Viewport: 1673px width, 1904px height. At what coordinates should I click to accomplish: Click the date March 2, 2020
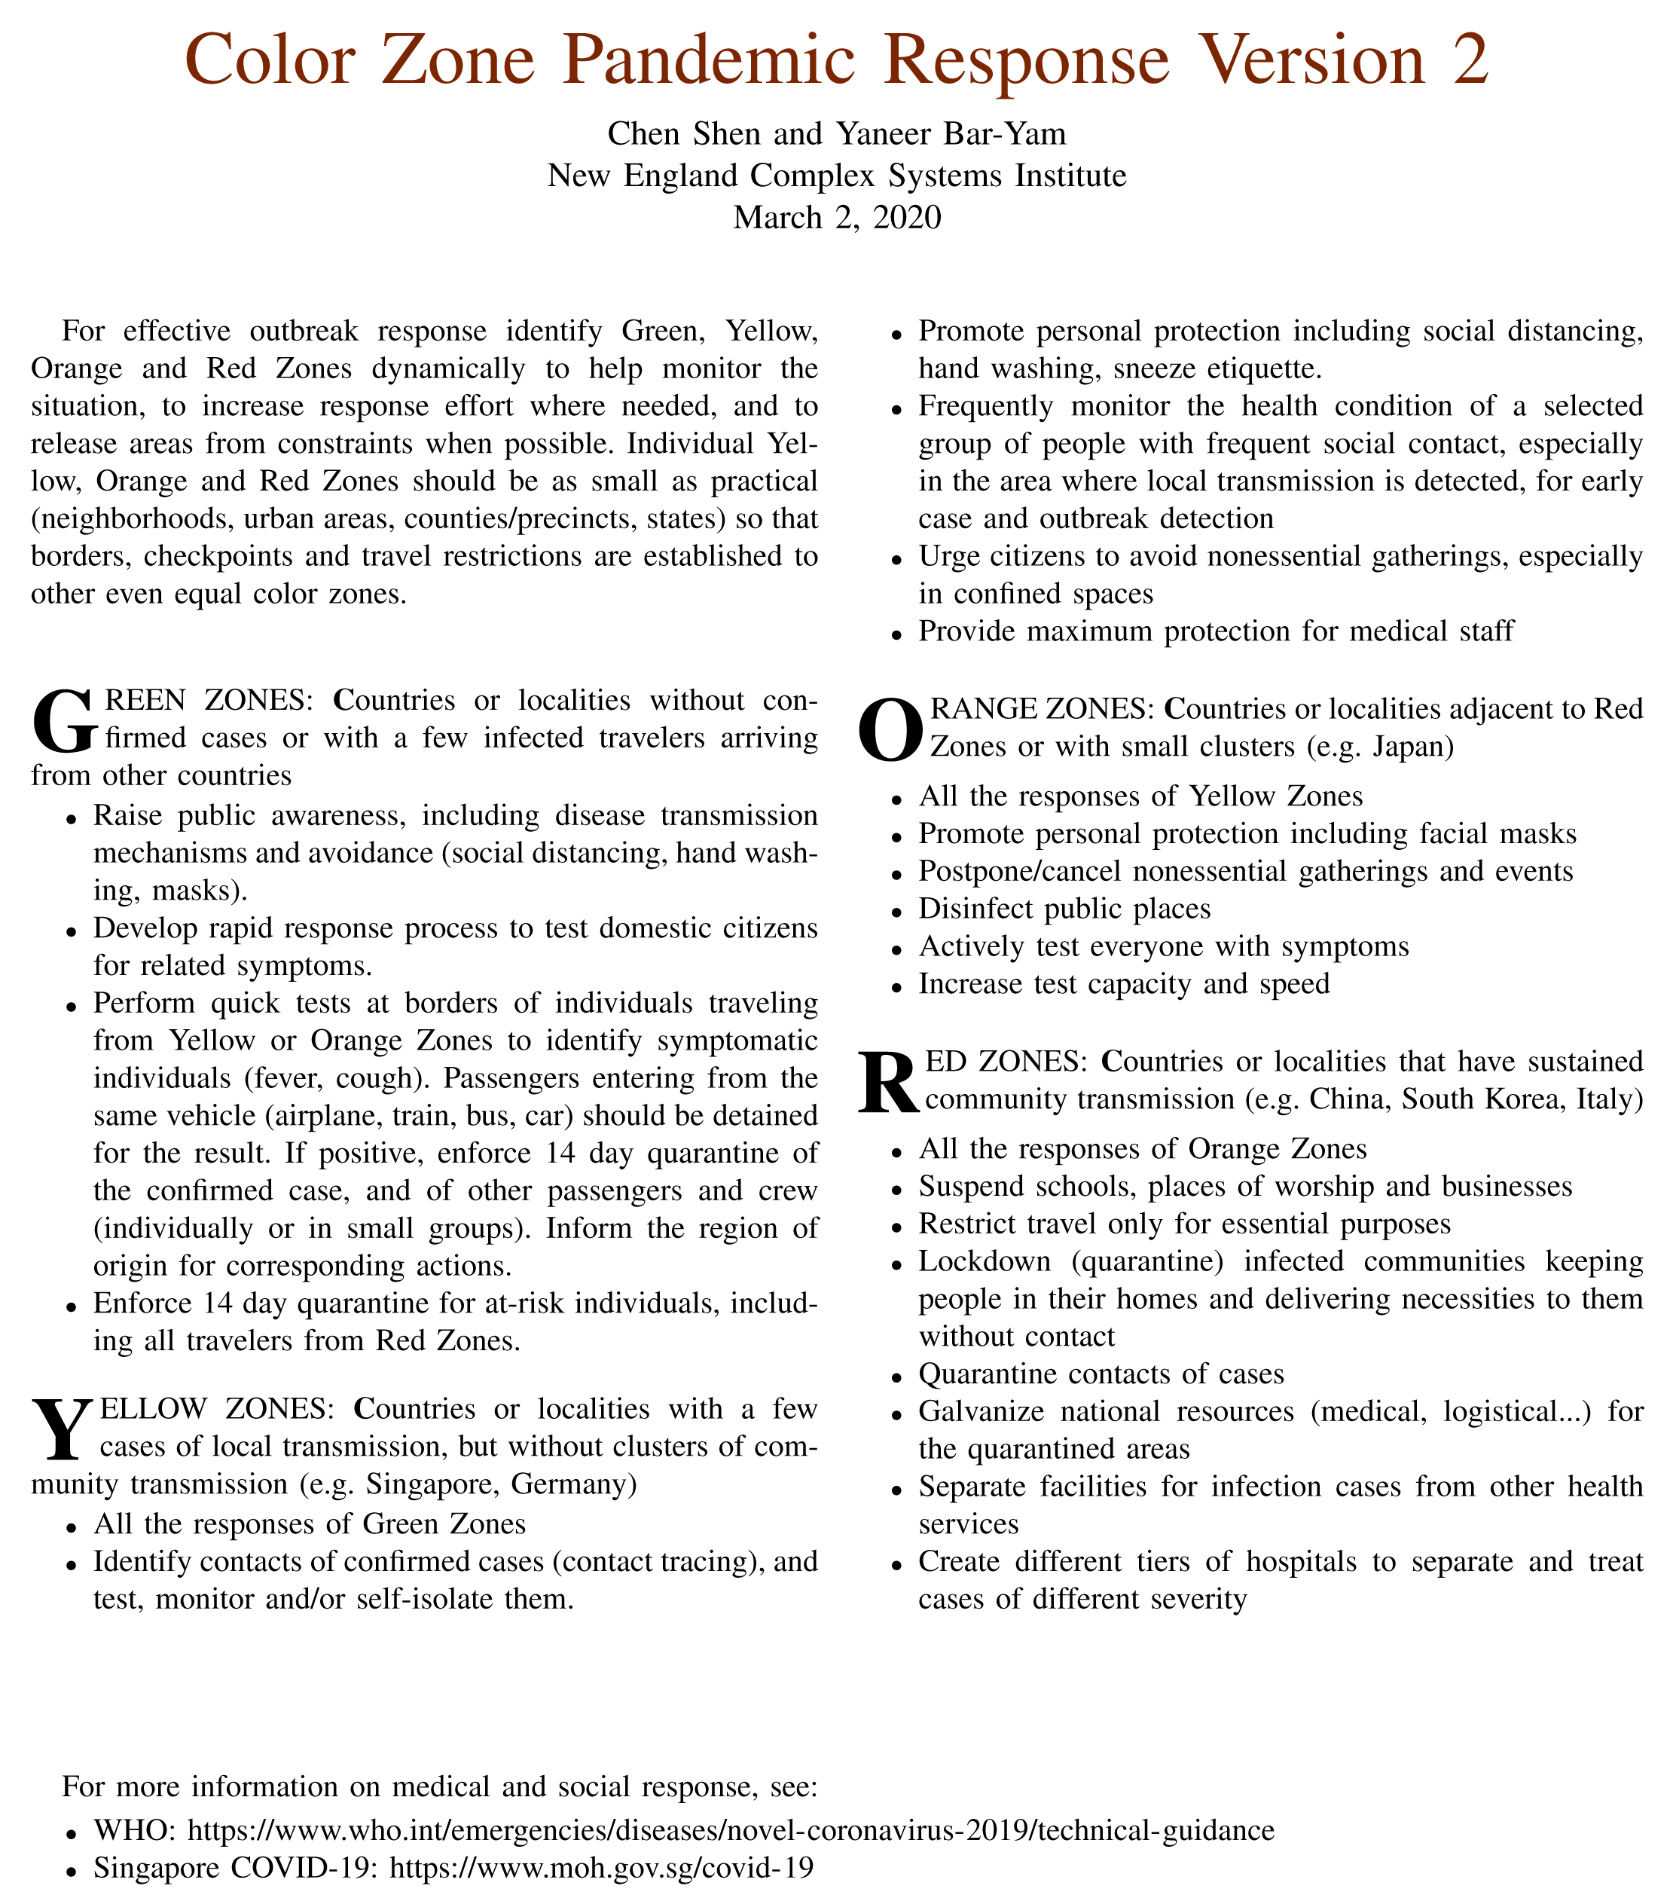point(836,217)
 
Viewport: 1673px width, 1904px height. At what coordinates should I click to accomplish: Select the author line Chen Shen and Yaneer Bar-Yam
point(836,133)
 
